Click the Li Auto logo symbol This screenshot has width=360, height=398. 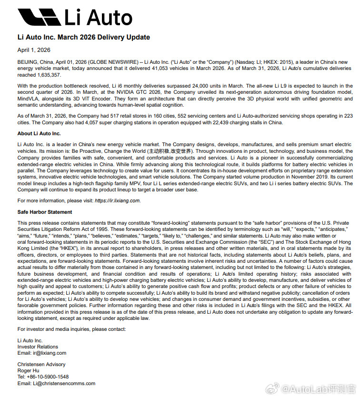pos(39,17)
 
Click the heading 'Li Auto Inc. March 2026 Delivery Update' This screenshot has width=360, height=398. pos(83,37)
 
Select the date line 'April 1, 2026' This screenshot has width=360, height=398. pos(34,50)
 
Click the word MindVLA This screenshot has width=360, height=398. pos(28,99)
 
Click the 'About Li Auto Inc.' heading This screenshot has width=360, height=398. pos(39,133)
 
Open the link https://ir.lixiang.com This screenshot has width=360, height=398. pos(117,200)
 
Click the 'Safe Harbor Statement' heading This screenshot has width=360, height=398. pos(45,212)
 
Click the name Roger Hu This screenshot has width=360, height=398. pos(29,370)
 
